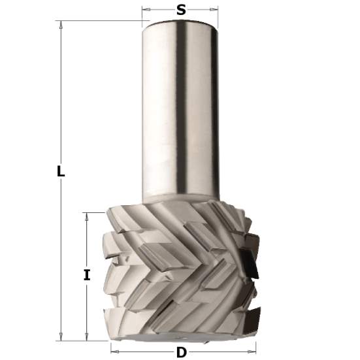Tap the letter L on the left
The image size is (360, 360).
[60, 172]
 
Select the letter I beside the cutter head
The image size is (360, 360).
[86, 275]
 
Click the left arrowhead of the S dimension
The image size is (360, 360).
[145, 10]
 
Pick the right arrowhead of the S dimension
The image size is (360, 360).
[215, 10]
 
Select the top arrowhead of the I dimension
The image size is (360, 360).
[86, 215]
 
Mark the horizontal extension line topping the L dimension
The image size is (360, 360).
[98, 20]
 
